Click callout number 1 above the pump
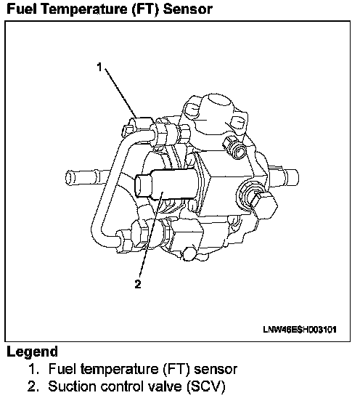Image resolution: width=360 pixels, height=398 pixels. pyautogui.click(x=99, y=68)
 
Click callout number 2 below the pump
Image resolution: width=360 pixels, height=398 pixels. pyautogui.click(x=138, y=284)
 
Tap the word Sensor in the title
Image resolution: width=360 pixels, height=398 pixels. pyautogui.click(x=187, y=9)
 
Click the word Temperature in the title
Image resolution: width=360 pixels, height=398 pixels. pyautogui.click(x=85, y=9)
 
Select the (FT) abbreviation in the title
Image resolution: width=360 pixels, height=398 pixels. pyautogui.click(x=146, y=9)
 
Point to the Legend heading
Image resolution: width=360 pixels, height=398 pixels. pyautogui.click(x=32, y=352)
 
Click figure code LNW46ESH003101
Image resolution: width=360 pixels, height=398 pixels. pyautogui.click(x=300, y=330)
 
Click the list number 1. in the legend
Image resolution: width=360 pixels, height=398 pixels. pyautogui.click(x=33, y=369)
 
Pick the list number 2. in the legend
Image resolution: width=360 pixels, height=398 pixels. pyautogui.click(x=33, y=386)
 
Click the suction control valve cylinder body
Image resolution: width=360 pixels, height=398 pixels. pyautogui.click(x=168, y=183)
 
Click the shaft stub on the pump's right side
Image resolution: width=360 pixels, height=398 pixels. pyautogui.click(x=284, y=177)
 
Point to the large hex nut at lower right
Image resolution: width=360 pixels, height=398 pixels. pyautogui.click(x=264, y=203)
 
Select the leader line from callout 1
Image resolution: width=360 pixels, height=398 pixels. pyautogui.click(x=120, y=93)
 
